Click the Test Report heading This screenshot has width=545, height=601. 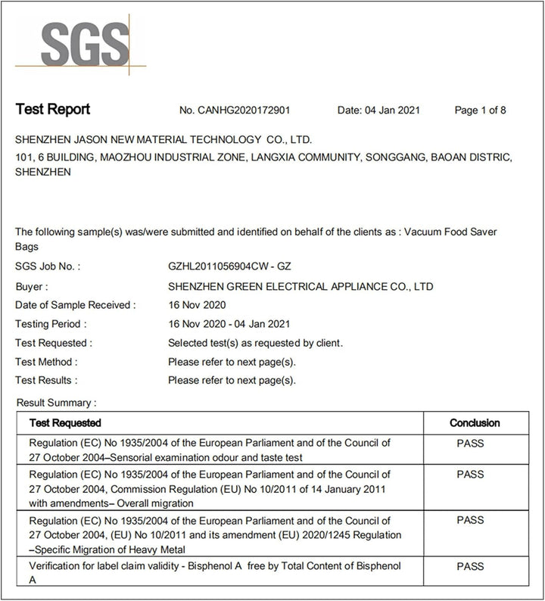pyautogui.click(x=52, y=110)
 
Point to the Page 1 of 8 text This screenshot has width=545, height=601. pyautogui.click(x=480, y=111)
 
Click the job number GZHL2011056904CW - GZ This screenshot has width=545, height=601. pyautogui.click(x=230, y=267)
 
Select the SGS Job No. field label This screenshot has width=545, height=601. pyautogui.click(x=48, y=267)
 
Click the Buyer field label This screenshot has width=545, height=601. pyautogui.click(x=32, y=287)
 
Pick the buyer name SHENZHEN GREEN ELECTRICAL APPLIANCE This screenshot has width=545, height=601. pyautogui.click(x=301, y=287)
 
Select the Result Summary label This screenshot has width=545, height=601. pyautogui.click(x=56, y=403)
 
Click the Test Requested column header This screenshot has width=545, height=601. pyautogui.click(x=65, y=422)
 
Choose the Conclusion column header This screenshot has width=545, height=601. pyautogui.click(x=475, y=422)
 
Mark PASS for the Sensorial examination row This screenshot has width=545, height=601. pyautogui.click(x=470, y=444)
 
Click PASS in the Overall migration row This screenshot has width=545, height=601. pyautogui.click(x=470, y=475)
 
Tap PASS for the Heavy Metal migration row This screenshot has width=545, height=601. pyautogui.click(x=470, y=521)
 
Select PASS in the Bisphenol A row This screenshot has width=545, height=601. pyautogui.click(x=470, y=565)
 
